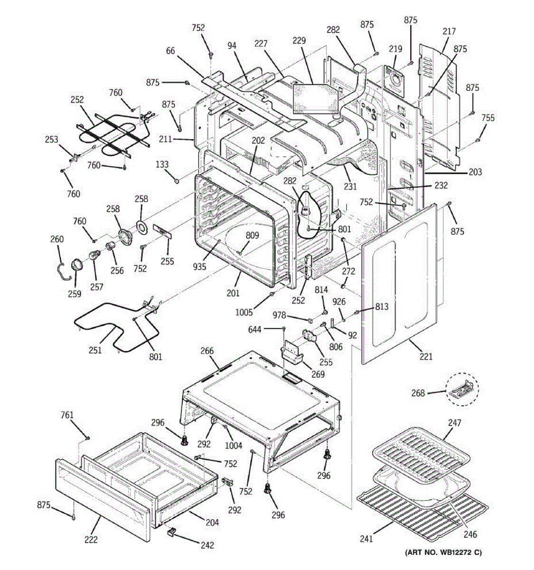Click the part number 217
[449, 32]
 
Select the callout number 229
[299, 41]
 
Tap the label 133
[162, 165]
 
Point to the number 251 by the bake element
[95, 351]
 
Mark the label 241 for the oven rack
[366, 539]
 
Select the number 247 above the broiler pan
[454, 423]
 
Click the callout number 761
[67, 416]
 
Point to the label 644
[255, 329]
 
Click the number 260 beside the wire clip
[57, 239]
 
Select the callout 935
[199, 267]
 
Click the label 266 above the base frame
[207, 351]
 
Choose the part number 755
[487, 118]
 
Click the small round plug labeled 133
[177, 180]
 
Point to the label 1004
[234, 445]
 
